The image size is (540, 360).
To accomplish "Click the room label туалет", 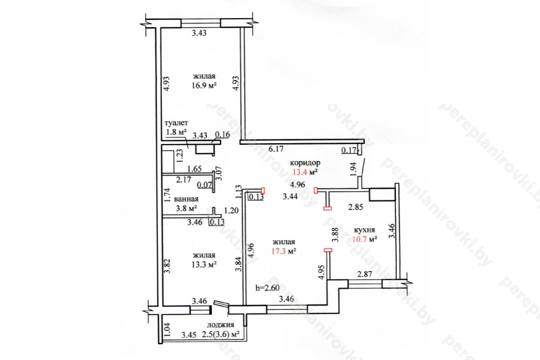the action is [x=176, y=123].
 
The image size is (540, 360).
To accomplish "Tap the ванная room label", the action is [x=186, y=199].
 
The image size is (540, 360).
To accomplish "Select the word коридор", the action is [x=305, y=163].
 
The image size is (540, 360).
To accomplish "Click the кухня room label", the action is [x=364, y=230].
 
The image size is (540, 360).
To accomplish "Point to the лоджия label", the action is [x=220, y=325].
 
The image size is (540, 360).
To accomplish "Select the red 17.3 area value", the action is [x=278, y=252].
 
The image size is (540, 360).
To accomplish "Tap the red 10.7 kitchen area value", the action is [x=359, y=239].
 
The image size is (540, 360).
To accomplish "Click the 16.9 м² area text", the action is [x=204, y=85].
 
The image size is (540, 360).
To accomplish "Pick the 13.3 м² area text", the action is [x=204, y=265].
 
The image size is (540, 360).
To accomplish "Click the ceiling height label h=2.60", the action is [x=267, y=288].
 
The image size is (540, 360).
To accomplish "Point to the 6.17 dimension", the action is [x=276, y=149].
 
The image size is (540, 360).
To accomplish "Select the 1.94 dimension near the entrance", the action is [x=353, y=169].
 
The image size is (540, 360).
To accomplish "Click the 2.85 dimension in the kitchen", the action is [x=356, y=207].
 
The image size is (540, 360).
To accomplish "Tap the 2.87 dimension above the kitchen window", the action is [x=364, y=274].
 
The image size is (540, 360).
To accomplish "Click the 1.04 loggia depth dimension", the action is [x=167, y=330].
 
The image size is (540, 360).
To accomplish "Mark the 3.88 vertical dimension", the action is [x=335, y=235].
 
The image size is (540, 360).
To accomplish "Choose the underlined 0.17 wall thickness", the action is [x=349, y=151].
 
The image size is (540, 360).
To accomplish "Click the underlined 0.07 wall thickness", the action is [x=205, y=185].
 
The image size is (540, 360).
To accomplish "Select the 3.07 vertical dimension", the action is [x=219, y=173].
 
